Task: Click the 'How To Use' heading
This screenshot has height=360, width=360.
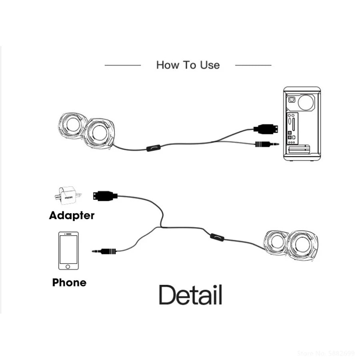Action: (x=188, y=65)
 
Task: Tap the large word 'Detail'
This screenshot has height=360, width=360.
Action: (x=190, y=295)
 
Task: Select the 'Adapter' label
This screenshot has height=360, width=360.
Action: (x=72, y=216)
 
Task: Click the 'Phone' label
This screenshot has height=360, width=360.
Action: (x=69, y=283)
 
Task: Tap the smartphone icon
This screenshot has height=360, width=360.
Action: (x=68, y=251)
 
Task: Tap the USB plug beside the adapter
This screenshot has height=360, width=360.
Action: (x=105, y=196)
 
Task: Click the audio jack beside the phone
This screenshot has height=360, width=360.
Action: (x=105, y=251)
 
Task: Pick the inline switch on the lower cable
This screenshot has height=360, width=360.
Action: (x=217, y=237)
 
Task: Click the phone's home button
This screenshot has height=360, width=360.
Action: (x=68, y=266)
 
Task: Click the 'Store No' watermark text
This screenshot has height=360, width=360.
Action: (x=326, y=353)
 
